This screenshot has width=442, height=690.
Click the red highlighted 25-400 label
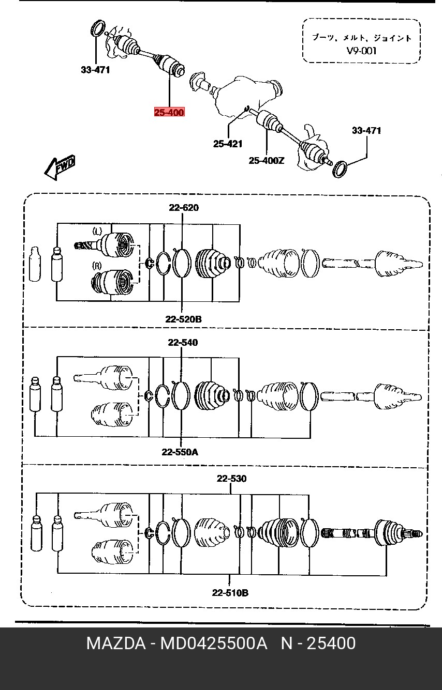tap(169, 112)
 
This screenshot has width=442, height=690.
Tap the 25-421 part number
tap(228, 144)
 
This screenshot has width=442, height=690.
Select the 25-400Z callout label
tap(267, 161)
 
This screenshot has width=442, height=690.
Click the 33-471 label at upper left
tap(95, 70)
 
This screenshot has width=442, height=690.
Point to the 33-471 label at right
tap(366, 130)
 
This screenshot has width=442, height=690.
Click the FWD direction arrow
tap(60, 167)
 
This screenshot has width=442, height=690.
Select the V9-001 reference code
tap(361, 51)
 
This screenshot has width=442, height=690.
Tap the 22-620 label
tap(184, 208)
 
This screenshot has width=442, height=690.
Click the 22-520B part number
tap(184, 319)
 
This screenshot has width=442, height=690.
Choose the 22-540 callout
tap(183, 342)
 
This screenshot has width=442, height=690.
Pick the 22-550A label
tap(180, 452)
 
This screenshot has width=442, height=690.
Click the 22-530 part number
tap(232, 479)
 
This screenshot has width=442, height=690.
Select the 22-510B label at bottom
tap(230, 592)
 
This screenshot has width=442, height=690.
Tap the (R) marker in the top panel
tap(97, 266)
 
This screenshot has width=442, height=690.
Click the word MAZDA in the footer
tap(116, 643)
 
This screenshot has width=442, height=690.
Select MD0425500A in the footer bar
tap(213, 643)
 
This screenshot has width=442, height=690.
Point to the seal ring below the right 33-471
tap(341, 169)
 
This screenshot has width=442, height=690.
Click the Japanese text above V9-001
tap(361, 38)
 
